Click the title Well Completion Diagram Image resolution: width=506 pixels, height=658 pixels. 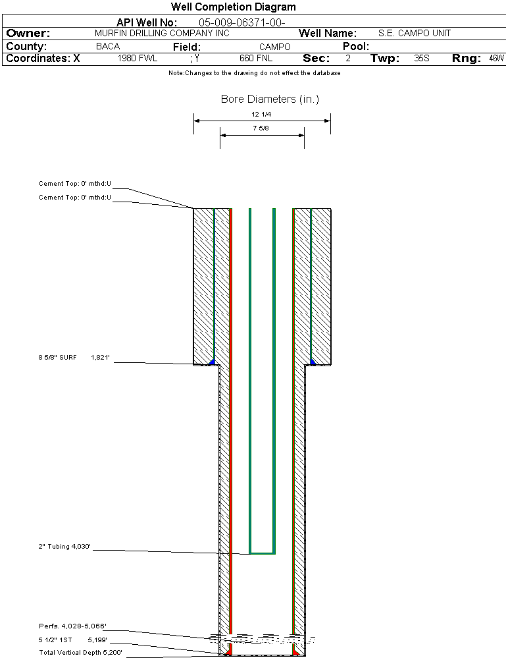point(233,7)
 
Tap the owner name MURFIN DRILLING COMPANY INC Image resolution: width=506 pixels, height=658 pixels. point(162,33)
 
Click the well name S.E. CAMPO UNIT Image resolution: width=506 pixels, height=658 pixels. point(415,33)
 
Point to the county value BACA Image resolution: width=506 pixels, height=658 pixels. point(108,47)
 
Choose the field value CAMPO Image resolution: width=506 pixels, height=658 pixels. point(274,47)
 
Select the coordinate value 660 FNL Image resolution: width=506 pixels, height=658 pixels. point(256,59)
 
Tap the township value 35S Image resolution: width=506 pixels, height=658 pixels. point(422,59)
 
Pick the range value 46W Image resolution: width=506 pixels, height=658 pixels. point(496,59)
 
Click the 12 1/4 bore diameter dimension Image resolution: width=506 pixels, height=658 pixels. point(262,114)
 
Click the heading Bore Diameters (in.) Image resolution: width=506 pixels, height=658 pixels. point(270,99)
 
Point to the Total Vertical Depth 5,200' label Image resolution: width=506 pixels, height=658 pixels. point(81,652)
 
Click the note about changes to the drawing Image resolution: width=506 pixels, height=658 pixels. point(254,73)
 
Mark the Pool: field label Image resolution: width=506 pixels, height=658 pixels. point(356,47)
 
